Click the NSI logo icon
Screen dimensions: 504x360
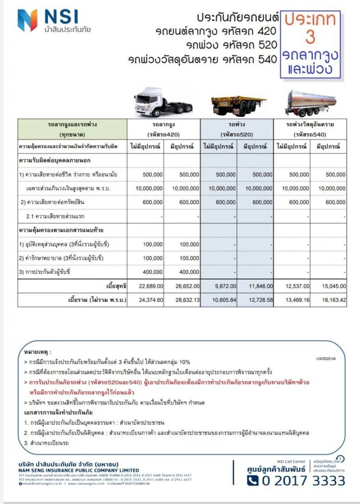(27, 20)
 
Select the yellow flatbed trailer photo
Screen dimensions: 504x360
(238, 104)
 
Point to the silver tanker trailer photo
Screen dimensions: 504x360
(312, 103)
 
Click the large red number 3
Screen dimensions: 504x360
(310, 37)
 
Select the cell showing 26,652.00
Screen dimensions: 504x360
(187, 286)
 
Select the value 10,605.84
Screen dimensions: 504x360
(223, 300)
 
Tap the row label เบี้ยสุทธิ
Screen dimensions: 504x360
(116, 286)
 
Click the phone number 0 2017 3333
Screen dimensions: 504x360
(296, 481)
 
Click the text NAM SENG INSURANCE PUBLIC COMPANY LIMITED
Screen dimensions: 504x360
(79, 470)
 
